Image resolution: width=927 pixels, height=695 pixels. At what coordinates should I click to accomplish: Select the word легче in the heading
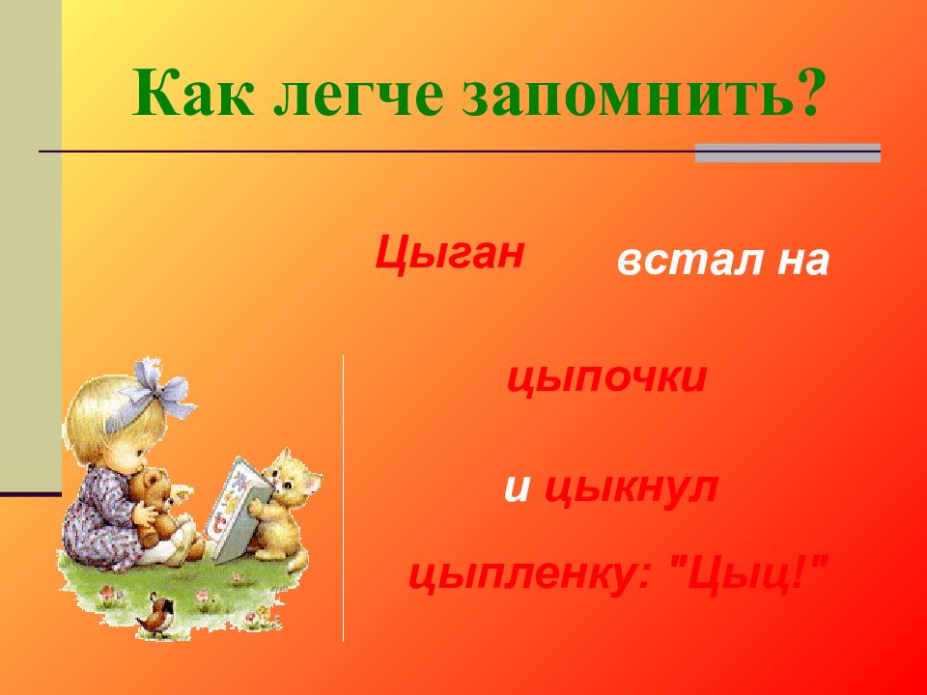(359, 94)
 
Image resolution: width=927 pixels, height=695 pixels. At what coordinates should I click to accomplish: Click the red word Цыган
(449, 254)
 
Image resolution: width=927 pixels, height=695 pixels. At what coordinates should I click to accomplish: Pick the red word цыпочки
(607, 378)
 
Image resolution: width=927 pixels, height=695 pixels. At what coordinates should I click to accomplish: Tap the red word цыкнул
(631, 488)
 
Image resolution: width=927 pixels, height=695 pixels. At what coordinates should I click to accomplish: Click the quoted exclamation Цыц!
(752, 572)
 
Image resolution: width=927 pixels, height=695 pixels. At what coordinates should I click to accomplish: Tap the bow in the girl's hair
(158, 387)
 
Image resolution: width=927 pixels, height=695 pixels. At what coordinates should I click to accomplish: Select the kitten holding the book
(284, 504)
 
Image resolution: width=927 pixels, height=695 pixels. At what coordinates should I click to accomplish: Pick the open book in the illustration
(237, 510)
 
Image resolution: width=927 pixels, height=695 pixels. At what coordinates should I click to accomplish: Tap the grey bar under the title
(788, 153)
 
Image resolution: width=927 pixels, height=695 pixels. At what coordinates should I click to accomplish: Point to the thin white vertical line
(344, 498)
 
